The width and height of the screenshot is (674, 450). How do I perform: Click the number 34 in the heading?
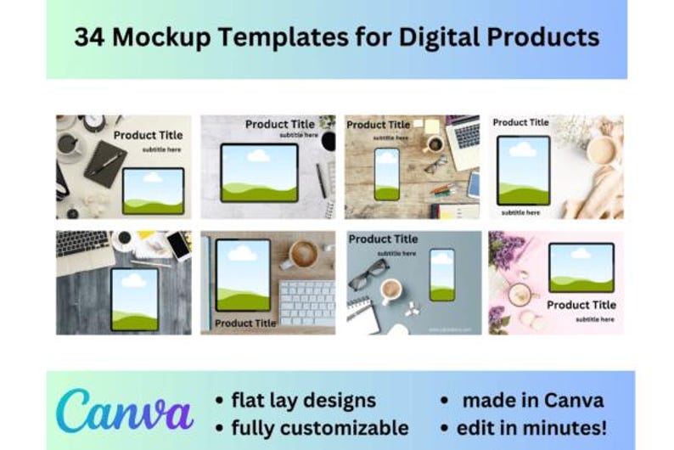point(88,37)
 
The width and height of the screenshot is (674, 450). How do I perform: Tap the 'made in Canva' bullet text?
point(532,400)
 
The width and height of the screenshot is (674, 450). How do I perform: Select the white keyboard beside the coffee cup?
point(306,302)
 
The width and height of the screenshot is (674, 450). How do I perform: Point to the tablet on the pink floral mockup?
point(581,267)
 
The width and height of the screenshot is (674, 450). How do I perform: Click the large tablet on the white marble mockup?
point(259,172)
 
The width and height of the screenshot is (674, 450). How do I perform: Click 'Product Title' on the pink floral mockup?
point(581,305)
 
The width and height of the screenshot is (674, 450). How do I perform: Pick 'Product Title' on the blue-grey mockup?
point(383,239)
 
